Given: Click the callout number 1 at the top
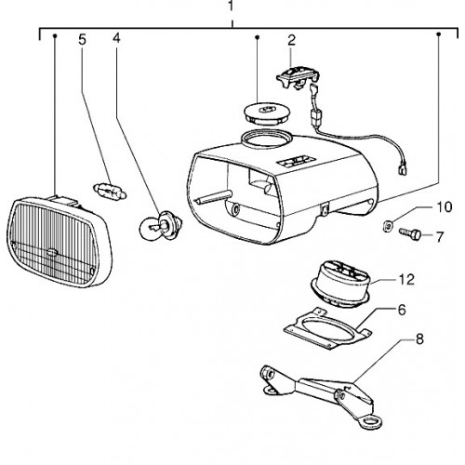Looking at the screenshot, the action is tap(231, 6).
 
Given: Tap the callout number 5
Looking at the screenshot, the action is tap(82, 40).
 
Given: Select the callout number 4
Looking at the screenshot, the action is tap(116, 38).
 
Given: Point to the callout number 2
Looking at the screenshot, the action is tap(291, 40).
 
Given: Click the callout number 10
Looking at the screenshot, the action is tap(445, 207).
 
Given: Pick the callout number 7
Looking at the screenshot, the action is tap(440, 237).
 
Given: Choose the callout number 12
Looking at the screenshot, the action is tap(406, 280).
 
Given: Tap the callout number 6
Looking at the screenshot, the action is tap(402, 310).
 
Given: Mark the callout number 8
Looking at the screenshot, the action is tap(419, 339).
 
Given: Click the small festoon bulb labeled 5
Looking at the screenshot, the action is tap(110, 192).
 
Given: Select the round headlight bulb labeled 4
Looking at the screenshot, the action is tap(161, 226).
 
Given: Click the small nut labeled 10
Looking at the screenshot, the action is tap(386, 225).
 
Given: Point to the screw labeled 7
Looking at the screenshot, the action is tap(410, 233).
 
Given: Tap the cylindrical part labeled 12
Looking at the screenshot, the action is tap(341, 284).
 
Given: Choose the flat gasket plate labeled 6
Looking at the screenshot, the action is tap(327, 328).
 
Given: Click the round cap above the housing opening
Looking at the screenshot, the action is tap(267, 113).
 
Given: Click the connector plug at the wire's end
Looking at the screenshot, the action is tap(403, 170).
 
